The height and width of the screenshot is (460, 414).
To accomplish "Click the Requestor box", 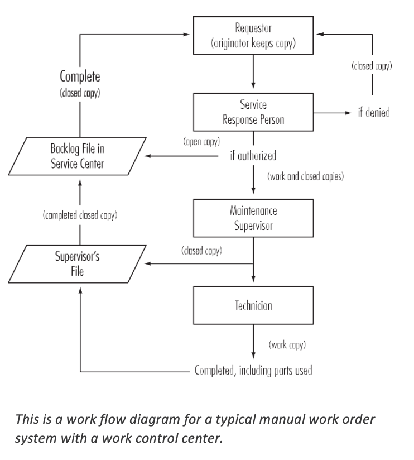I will [253, 35].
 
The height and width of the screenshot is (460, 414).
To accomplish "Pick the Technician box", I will [253, 306].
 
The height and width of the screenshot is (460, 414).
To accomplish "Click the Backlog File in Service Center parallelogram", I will [78, 156].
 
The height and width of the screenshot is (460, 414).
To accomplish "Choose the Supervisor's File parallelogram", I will [78, 263].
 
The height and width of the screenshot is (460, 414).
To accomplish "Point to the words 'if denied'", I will [374, 113].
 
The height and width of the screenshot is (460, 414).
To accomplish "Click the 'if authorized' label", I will [253, 155].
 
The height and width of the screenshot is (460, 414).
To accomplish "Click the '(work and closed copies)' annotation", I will [306, 176].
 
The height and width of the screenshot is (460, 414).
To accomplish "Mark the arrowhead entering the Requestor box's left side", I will [189, 35].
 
